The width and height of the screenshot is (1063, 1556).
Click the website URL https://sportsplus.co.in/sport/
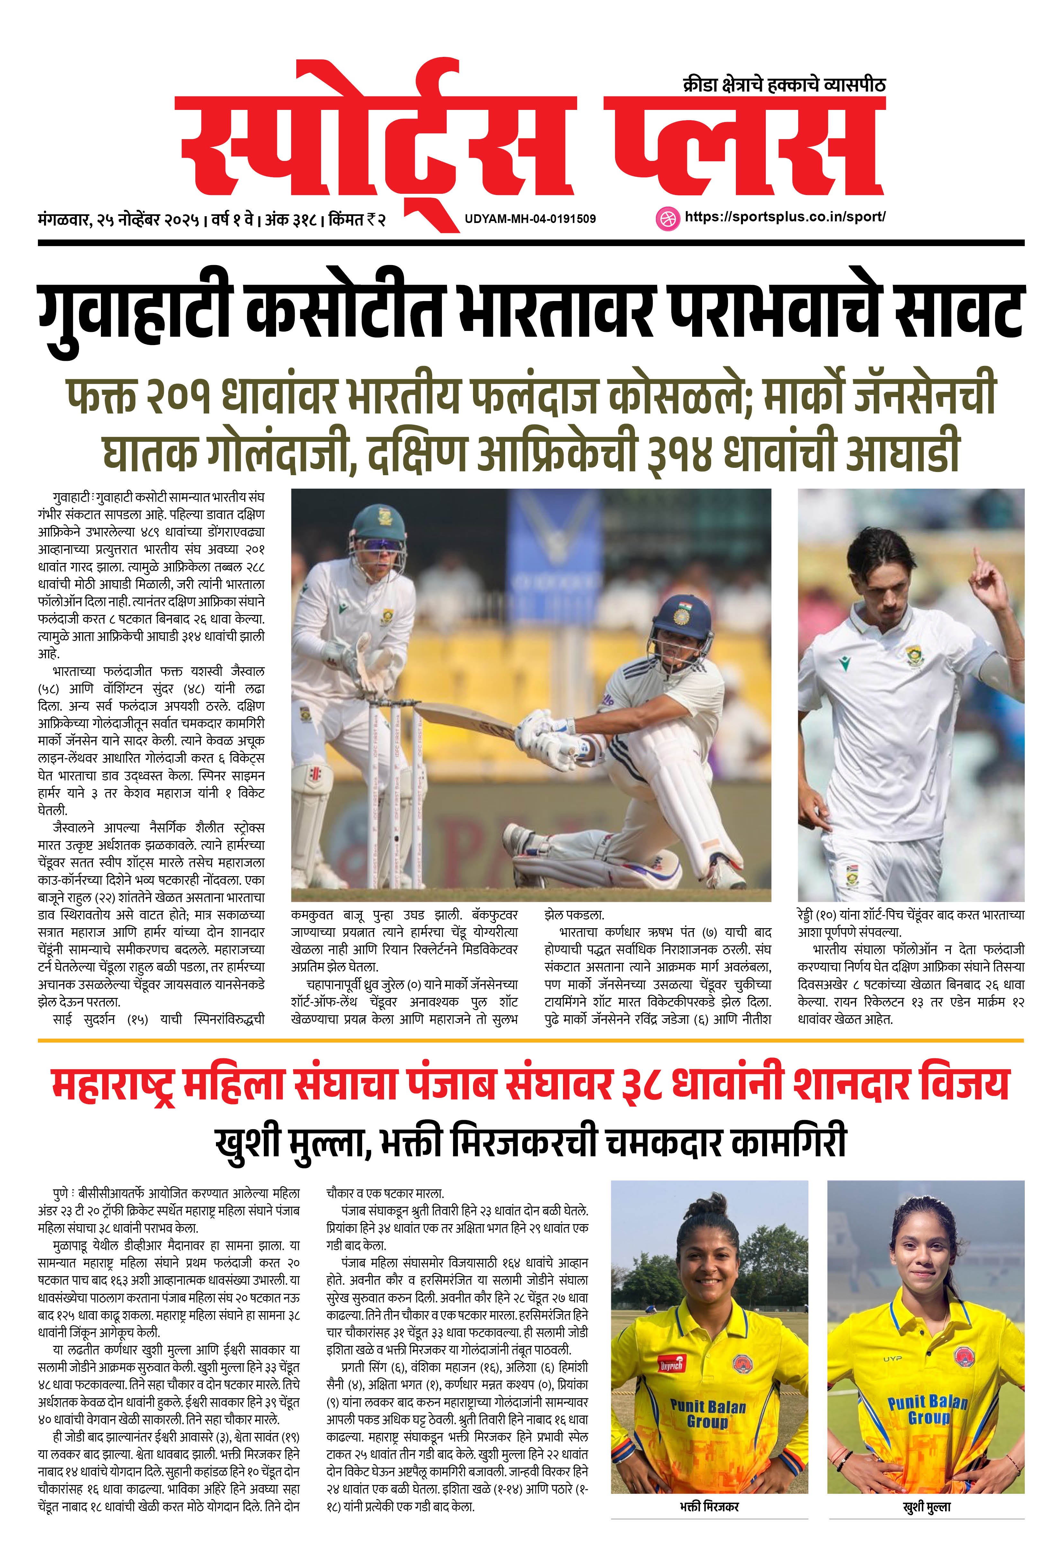coord(785,217)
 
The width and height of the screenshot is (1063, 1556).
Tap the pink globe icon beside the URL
coord(667,218)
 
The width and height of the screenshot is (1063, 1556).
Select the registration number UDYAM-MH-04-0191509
coord(530,219)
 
